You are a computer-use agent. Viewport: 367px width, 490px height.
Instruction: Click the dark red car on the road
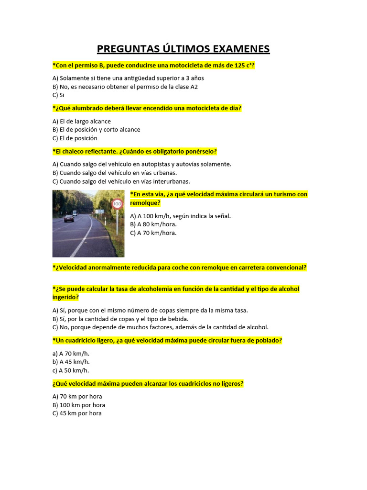[x=69, y=218]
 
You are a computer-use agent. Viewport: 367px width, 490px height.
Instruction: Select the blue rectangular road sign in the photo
[x=100, y=211]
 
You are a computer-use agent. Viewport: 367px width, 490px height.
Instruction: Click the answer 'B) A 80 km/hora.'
[x=153, y=224]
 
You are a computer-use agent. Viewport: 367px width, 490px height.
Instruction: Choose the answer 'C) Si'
[x=58, y=95]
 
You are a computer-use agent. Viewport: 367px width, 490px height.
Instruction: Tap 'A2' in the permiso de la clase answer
[x=194, y=87]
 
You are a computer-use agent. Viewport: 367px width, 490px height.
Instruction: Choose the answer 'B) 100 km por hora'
[x=79, y=405]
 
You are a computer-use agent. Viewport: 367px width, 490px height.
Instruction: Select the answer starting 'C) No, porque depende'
[x=161, y=327]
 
